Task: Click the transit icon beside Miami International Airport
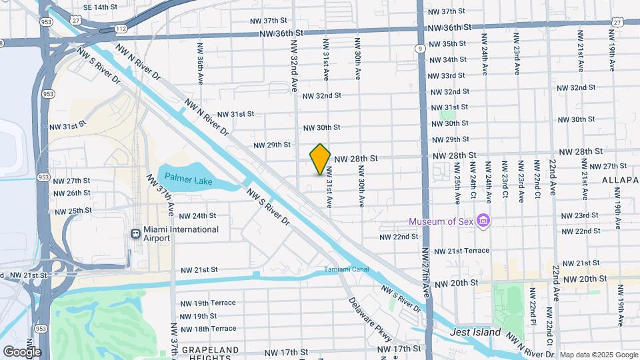[x=135, y=234]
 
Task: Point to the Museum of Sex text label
[x=441, y=221]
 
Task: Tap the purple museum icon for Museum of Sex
[x=484, y=221]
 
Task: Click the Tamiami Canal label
[x=346, y=270]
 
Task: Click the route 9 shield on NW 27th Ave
[x=419, y=48]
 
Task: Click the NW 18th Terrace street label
[x=208, y=329]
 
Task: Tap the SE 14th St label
[x=100, y=7]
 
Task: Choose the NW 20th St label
[x=457, y=283]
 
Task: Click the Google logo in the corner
[x=22, y=351]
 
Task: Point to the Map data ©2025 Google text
[x=598, y=355]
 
